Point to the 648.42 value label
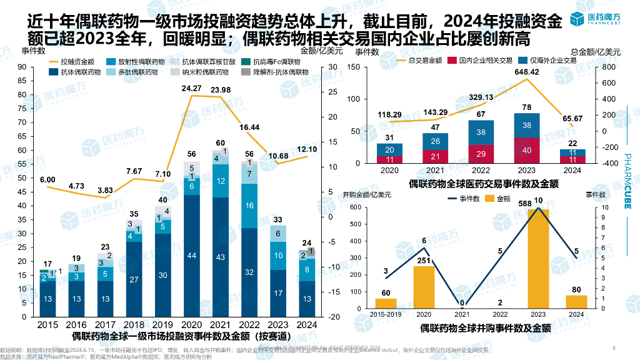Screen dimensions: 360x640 (x=526, y=72)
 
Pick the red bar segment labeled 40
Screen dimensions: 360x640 (x=526, y=150)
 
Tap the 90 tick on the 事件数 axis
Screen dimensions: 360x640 (x=22, y=67)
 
